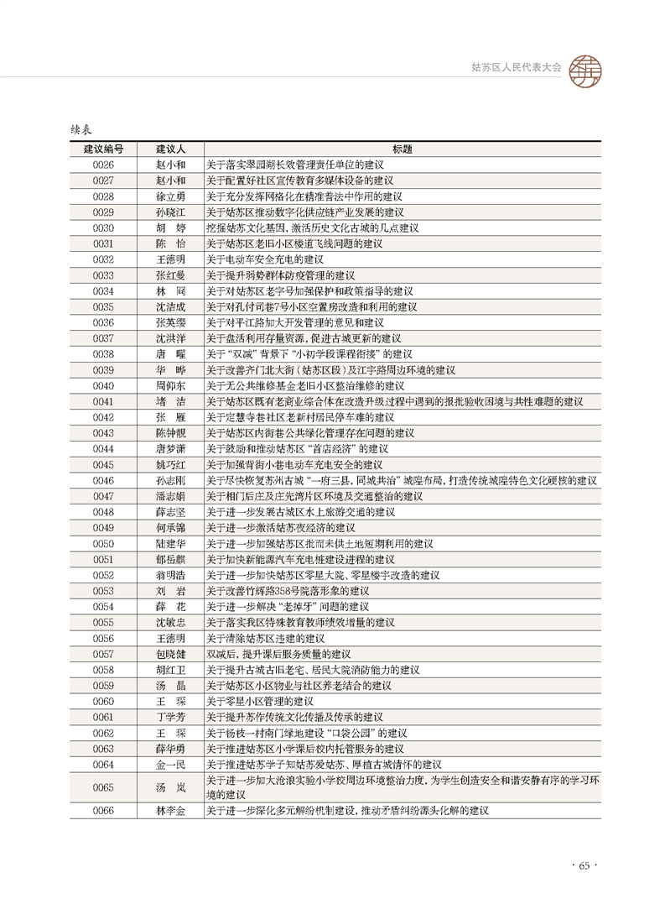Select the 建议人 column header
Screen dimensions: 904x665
click(x=170, y=149)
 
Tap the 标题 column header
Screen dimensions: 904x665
click(x=402, y=149)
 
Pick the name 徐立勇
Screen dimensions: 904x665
click(x=170, y=196)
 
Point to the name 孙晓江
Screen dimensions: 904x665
click(x=170, y=212)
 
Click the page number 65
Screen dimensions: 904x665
click(x=584, y=866)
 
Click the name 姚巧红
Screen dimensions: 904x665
click(x=170, y=464)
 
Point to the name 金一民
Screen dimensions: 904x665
click(x=170, y=765)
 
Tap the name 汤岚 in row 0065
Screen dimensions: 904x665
click(x=170, y=787)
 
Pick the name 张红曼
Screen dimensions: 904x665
click(x=170, y=274)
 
